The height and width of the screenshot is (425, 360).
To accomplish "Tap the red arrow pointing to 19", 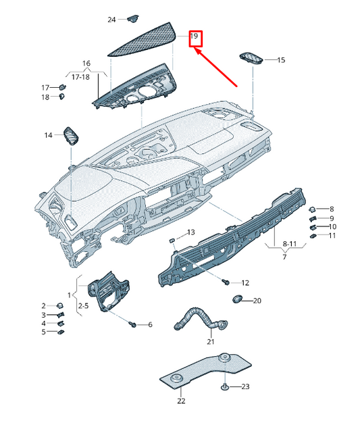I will point(215,67).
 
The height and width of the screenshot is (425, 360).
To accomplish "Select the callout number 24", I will point(111,20).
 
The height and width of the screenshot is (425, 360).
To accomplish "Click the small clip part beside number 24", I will point(133,18).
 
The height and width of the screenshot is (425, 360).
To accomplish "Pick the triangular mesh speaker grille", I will point(149,38).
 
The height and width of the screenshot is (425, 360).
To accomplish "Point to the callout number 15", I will point(280,60).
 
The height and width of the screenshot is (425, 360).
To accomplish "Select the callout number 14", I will point(48,135).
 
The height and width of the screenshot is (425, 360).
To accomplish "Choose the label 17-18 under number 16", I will point(80,77).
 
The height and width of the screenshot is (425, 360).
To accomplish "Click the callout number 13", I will point(190,232).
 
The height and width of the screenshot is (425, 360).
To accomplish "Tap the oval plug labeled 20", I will point(238,299).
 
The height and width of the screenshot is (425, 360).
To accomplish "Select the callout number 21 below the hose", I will point(210,343).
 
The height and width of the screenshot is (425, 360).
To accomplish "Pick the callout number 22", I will point(180,401).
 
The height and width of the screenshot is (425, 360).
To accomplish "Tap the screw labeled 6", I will point(132,325).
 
